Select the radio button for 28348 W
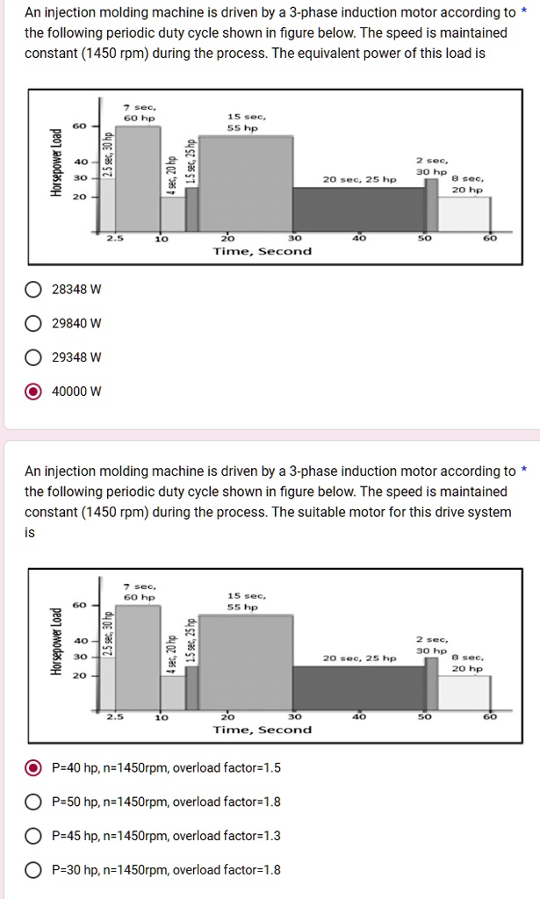tap(32, 290)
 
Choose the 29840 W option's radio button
tap(32, 323)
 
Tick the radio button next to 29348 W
tap(32, 357)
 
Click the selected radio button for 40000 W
tap(32, 392)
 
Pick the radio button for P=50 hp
tap(32, 802)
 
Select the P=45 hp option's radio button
tap(32, 836)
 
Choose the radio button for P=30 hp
tap(32, 870)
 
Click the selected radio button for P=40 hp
tap(32, 768)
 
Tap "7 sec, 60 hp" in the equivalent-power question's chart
tap(139, 112)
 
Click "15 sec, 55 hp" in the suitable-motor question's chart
tap(242, 601)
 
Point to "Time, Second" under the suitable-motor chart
tap(262, 730)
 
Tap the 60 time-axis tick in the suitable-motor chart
tap(490, 716)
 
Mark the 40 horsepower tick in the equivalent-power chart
tap(79, 162)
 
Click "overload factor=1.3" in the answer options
tap(227, 836)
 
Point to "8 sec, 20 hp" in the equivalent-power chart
tap(466, 184)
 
